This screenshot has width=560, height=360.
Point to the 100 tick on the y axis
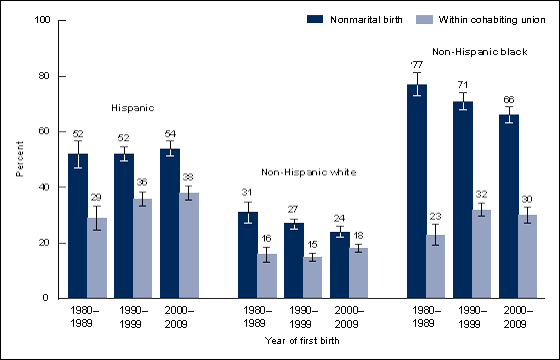coord(44,21)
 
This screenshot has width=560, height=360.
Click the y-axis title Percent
coord(19,159)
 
